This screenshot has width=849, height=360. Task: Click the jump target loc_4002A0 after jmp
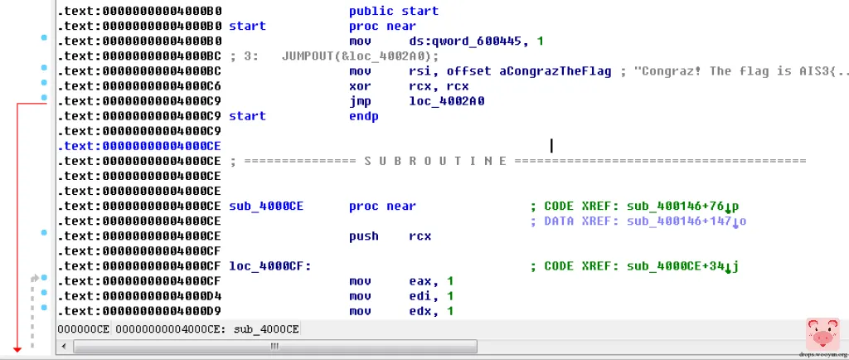tap(447, 100)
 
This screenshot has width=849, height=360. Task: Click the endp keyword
tap(363, 115)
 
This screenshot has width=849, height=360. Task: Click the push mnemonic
tap(363, 236)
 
